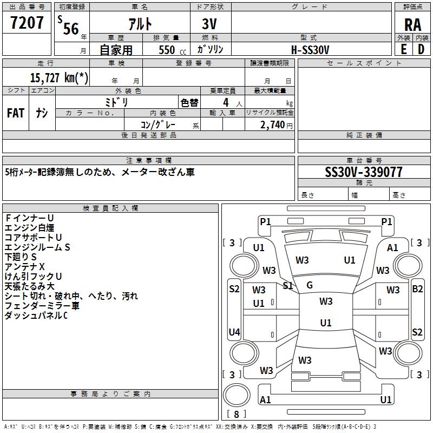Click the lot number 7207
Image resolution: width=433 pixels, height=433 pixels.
[x=27, y=23]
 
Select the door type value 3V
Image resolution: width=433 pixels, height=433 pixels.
[x=210, y=24]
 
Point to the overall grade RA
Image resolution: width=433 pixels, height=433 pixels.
[x=412, y=25]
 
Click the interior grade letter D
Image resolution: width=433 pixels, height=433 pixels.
[x=421, y=49]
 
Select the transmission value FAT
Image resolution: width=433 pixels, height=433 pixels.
[x=16, y=113]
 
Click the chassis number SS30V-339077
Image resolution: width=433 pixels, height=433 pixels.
[x=364, y=172]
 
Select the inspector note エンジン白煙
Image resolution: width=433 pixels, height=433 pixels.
[x=29, y=227]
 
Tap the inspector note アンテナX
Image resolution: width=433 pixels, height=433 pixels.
[x=24, y=266]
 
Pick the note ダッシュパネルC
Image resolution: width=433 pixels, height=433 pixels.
[x=36, y=315]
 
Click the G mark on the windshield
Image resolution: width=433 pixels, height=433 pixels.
[x=310, y=285]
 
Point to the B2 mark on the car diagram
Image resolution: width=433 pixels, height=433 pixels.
[x=417, y=289]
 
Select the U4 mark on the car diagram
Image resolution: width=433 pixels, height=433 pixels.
[x=234, y=332]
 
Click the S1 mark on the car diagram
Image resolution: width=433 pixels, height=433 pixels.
[x=288, y=285]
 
